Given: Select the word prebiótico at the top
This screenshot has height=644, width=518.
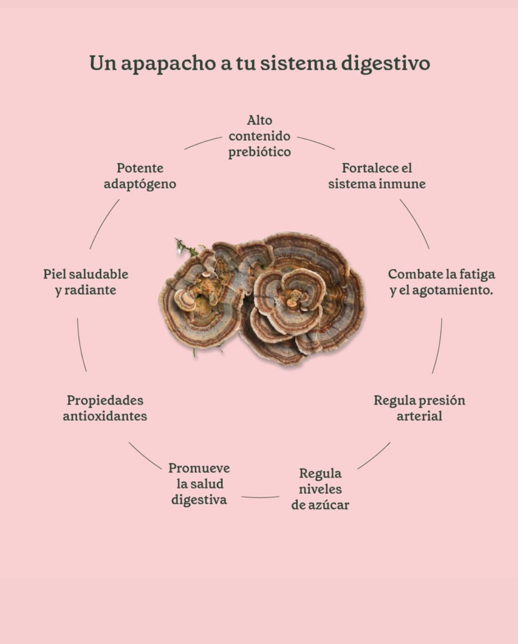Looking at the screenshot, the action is pyautogui.click(x=259, y=152).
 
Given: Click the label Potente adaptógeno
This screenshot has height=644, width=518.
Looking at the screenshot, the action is pyautogui.click(x=140, y=176).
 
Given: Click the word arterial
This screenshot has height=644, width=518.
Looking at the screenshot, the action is pyautogui.click(x=419, y=416).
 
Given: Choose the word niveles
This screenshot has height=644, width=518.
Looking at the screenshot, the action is pyautogui.click(x=320, y=490).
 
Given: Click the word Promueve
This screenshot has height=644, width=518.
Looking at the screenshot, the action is pyautogui.click(x=199, y=468).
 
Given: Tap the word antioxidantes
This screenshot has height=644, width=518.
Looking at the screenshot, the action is pyautogui.click(x=105, y=416).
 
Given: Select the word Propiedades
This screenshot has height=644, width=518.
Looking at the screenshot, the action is pyautogui.click(x=105, y=401).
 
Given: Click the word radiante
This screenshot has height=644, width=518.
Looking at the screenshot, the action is pyautogui.click(x=90, y=290).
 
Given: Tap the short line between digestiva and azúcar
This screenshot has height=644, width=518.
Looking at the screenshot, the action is pyautogui.click(x=260, y=497).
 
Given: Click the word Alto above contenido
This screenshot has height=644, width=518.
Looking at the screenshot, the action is pyautogui.click(x=259, y=120).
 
